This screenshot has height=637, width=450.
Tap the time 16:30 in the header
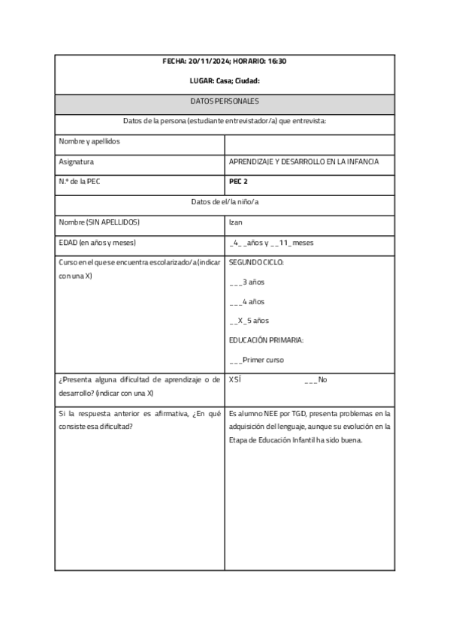point(274,61)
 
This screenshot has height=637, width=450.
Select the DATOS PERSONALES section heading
point(225,101)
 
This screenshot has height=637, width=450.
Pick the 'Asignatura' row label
point(76,162)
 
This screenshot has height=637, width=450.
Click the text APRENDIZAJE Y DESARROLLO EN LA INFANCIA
point(304,162)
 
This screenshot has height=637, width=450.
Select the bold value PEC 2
point(238,181)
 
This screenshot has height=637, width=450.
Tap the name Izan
point(235,222)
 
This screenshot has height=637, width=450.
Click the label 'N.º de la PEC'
point(79,181)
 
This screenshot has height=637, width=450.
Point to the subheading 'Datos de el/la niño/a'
point(225,201)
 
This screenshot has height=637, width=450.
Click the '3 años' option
point(252,282)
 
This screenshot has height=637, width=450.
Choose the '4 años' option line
point(252,302)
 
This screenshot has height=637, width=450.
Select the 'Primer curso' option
point(262,361)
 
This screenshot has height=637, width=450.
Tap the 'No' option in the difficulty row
point(322,380)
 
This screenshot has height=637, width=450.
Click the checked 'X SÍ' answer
point(234,380)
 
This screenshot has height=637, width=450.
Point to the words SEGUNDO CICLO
point(256,263)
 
